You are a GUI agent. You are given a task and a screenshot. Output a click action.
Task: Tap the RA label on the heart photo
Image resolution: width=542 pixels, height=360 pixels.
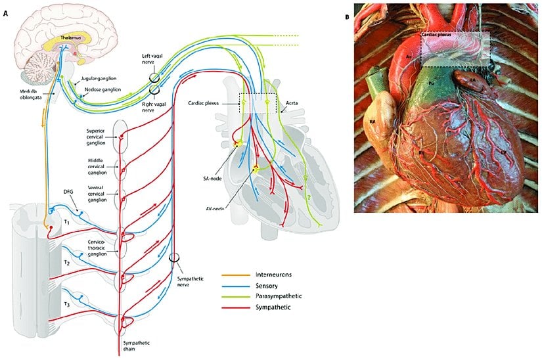click(371, 122)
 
